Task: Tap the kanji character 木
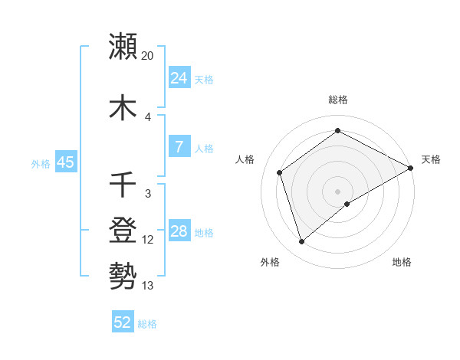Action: click(x=123, y=107)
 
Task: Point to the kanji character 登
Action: click(x=123, y=229)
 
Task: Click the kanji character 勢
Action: click(x=123, y=273)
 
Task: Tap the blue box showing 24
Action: click(x=179, y=78)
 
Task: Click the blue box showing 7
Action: click(x=179, y=147)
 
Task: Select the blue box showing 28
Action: click(x=179, y=231)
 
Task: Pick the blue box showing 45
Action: click(x=65, y=162)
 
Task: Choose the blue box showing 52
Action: click(x=123, y=322)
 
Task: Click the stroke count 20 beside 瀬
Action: click(x=148, y=56)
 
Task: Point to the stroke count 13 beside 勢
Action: click(x=148, y=285)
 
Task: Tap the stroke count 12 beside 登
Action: click(x=148, y=240)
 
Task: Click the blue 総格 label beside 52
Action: click(x=147, y=324)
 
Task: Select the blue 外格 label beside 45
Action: click(x=41, y=163)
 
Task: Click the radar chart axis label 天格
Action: click(x=431, y=159)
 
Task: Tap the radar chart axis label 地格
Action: click(x=402, y=262)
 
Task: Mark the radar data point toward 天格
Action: click(x=411, y=167)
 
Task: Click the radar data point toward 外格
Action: click(x=302, y=242)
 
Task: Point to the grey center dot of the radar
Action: click(x=337, y=191)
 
